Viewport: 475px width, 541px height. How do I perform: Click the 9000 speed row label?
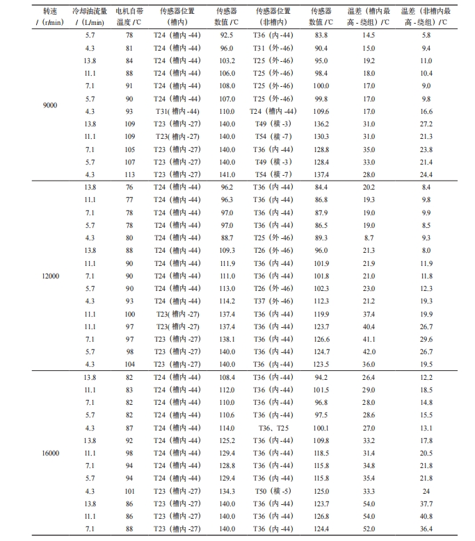pyautogui.click(x=50, y=105)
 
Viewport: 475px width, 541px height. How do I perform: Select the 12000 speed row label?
pyautogui.click(x=51, y=276)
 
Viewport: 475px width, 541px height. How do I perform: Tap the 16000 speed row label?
pyautogui.click(x=51, y=453)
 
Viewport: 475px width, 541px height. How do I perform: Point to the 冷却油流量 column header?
pyautogui.click(x=90, y=17)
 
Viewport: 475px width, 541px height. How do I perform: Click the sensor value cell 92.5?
pyautogui.click(x=227, y=35)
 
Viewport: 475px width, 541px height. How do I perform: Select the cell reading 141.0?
pyautogui.click(x=227, y=174)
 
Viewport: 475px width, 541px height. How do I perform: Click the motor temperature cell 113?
pyautogui.click(x=129, y=174)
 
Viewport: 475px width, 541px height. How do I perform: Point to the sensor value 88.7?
pyautogui.click(x=227, y=238)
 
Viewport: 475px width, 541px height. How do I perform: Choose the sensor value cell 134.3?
pyautogui.click(x=227, y=491)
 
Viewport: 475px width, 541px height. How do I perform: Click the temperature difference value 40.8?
pyautogui.click(x=426, y=516)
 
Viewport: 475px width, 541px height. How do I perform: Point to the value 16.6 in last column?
pyautogui.click(x=426, y=111)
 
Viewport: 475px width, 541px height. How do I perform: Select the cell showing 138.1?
pyautogui.click(x=227, y=339)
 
